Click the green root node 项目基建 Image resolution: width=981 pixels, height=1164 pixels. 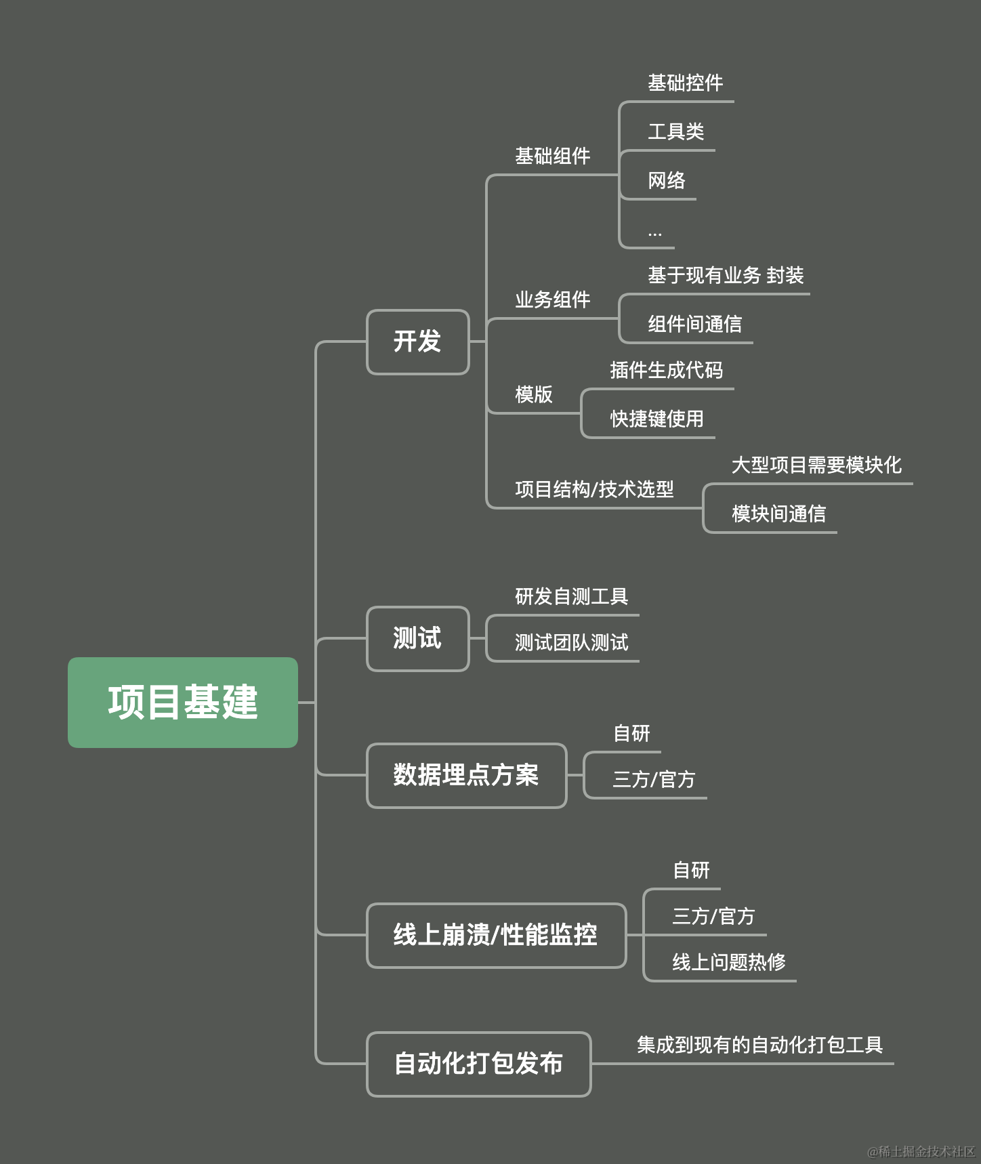pyautogui.click(x=183, y=702)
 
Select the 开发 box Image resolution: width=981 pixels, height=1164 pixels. pyautogui.click(x=417, y=341)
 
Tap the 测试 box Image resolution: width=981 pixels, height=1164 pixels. pyautogui.click(x=417, y=638)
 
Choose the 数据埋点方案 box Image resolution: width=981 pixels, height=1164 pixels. pyautogui.click(x=466, y=775)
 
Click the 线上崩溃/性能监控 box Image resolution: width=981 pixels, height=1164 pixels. pyautogui.click(x=496, y=935)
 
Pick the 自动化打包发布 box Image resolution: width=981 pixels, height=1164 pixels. pyautogui.click(x=478, y=1064)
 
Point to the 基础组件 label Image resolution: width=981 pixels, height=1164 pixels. pyautogui.click(x=552, y=157)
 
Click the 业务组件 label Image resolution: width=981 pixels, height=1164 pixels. pyautogui.click(x=552, y=300)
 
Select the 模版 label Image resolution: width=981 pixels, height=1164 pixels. pyautogui.click(x=534, y=394)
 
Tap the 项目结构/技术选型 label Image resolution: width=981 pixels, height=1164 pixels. pyautogui.click(x=594, y=489)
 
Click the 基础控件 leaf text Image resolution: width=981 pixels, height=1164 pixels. pyautogui.click(x=685, y=83)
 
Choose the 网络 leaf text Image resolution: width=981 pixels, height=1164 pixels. pyautogui.click(x=667, y=181)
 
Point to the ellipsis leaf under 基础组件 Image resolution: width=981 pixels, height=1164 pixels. pyautogui.click(x=654, y=233)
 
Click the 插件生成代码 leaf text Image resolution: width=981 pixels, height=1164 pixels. pyautogui.click(x=666, y=371)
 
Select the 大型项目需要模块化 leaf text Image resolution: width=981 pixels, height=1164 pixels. pyautogui.click(x=816, y=465)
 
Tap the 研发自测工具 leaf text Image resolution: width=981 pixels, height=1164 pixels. pyautogui.click(x=571, y=597)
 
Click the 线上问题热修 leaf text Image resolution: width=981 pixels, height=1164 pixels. pyautogui.click(x=729, y=962)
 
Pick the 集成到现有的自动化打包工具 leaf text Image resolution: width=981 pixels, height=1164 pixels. pyautogui.click(x=759, y=1045)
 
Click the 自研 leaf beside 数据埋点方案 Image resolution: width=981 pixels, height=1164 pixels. pyautogui.click(x=631, y=734)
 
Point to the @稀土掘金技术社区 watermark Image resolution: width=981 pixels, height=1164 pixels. pyautogui.click(x=921, y=1151)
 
